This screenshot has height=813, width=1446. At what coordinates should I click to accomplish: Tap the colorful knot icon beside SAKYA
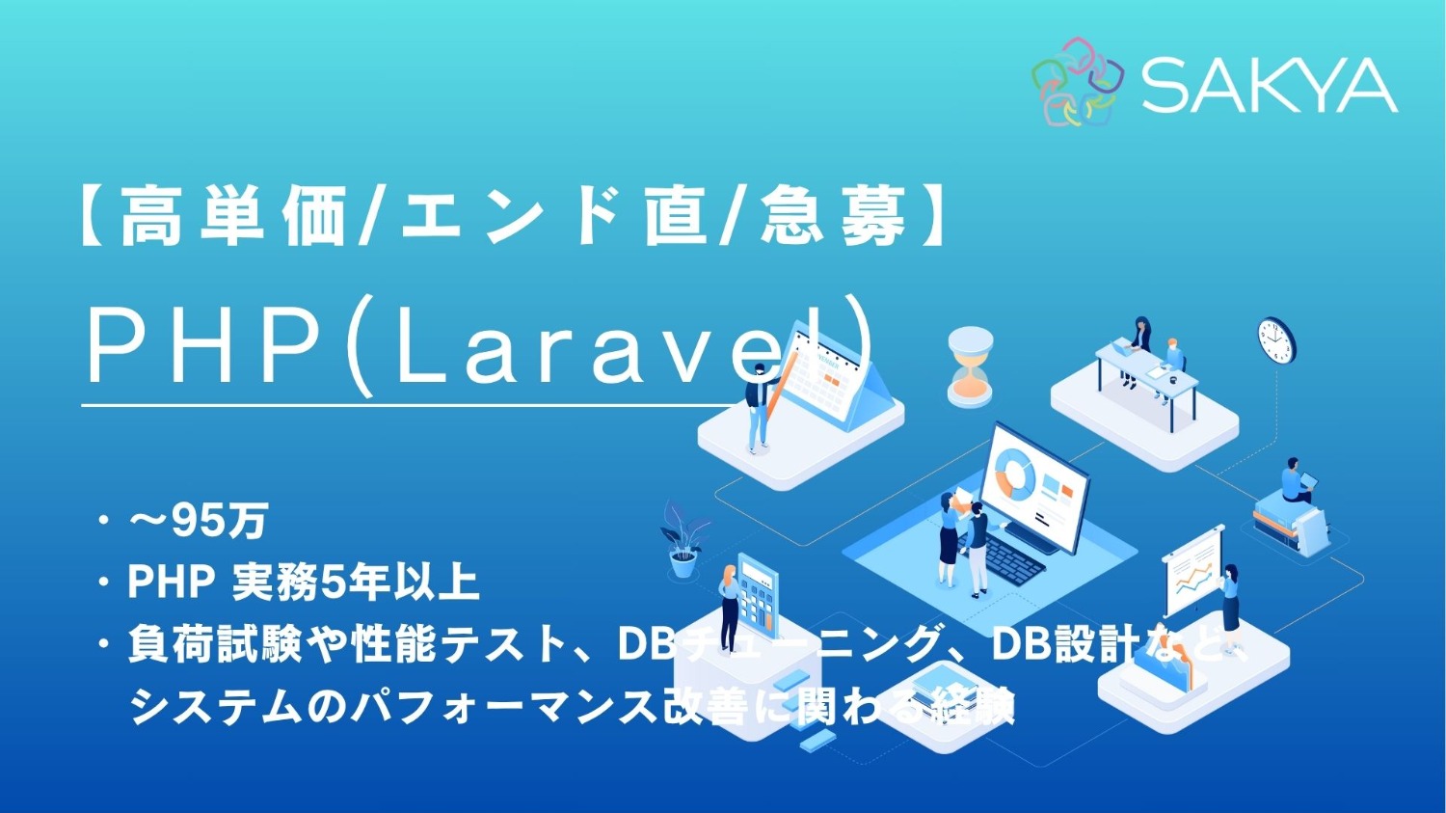pos(1079,82)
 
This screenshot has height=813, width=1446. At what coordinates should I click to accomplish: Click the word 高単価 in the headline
pos(231,216)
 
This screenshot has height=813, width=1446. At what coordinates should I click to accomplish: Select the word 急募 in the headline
pos(833,216)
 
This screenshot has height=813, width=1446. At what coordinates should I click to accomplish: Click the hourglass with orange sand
pos(969,366)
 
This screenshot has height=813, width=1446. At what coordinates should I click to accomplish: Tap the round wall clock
pos(1275,340)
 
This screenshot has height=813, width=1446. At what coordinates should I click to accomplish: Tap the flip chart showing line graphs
pos(1192,575)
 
